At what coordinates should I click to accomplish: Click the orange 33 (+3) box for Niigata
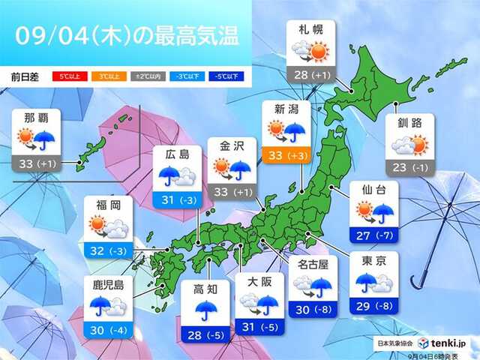(288, 155)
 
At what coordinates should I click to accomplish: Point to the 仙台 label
(373, 190)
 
